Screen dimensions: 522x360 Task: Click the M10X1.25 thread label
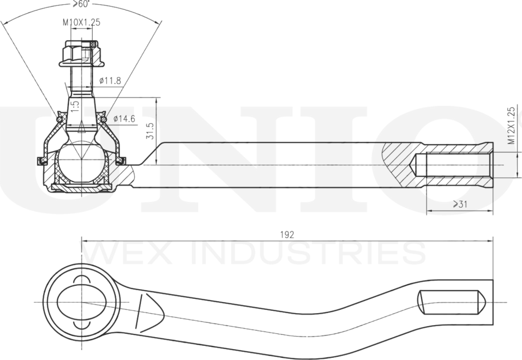[x=82, y=22]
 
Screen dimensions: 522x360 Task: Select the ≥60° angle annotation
[x=81, y=4]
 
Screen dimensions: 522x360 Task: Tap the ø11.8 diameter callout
[x=110, y=80]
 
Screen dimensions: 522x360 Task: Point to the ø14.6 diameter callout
[x=124, y=118]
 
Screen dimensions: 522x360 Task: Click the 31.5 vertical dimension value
[x=150, y=131]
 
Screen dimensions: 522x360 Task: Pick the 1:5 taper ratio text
[x=75, y=106]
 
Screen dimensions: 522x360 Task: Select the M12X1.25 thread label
[x=511, y=125]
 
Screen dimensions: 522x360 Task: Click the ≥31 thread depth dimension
[x=460, y=204]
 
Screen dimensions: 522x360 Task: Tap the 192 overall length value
[x=287, y=235]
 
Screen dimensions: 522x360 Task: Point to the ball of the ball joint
[x=82, y=161]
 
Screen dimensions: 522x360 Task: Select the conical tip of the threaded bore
[x=413, y=165]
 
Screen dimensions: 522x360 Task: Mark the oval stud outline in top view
[x=82, y=302]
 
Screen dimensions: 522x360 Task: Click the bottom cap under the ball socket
[x=82, y=187]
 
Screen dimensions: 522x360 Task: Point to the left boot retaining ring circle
[x=59, y=119]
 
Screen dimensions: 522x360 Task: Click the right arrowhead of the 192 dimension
[x=489, y=241]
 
